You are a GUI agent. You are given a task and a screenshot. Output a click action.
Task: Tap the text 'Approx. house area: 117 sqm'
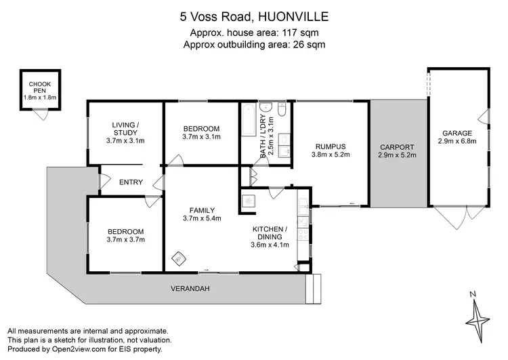tap(253, 33)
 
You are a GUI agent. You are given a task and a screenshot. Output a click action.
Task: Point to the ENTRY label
tap(130, 182)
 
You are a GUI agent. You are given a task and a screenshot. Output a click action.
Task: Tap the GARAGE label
tap(457, 133)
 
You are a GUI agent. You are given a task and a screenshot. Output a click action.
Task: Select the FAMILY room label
tap(202, 209)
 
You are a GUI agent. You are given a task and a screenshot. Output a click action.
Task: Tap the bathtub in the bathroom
tap(249, 123)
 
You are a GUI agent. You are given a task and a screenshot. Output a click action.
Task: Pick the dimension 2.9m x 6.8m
tap(457, 142)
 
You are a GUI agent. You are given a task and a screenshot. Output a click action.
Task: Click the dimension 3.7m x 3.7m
tap(125, 240)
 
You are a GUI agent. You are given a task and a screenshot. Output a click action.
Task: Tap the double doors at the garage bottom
tap(458, 216)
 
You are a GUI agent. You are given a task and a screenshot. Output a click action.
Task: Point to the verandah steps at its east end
tap(314, 289)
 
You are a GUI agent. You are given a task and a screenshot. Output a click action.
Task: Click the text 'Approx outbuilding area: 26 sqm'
tap(253, 45)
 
